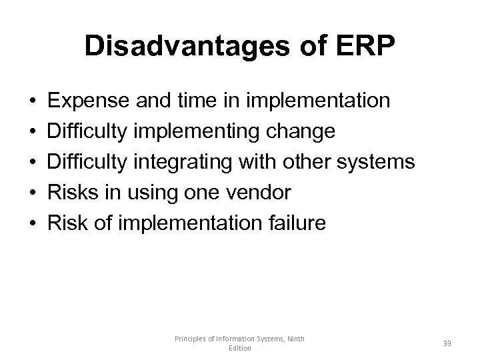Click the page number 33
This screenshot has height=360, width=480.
[446, 343]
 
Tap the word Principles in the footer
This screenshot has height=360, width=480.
[193, 339]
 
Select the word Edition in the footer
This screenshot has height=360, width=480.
[239, 349]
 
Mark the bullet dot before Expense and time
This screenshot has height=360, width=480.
[33, 102]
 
